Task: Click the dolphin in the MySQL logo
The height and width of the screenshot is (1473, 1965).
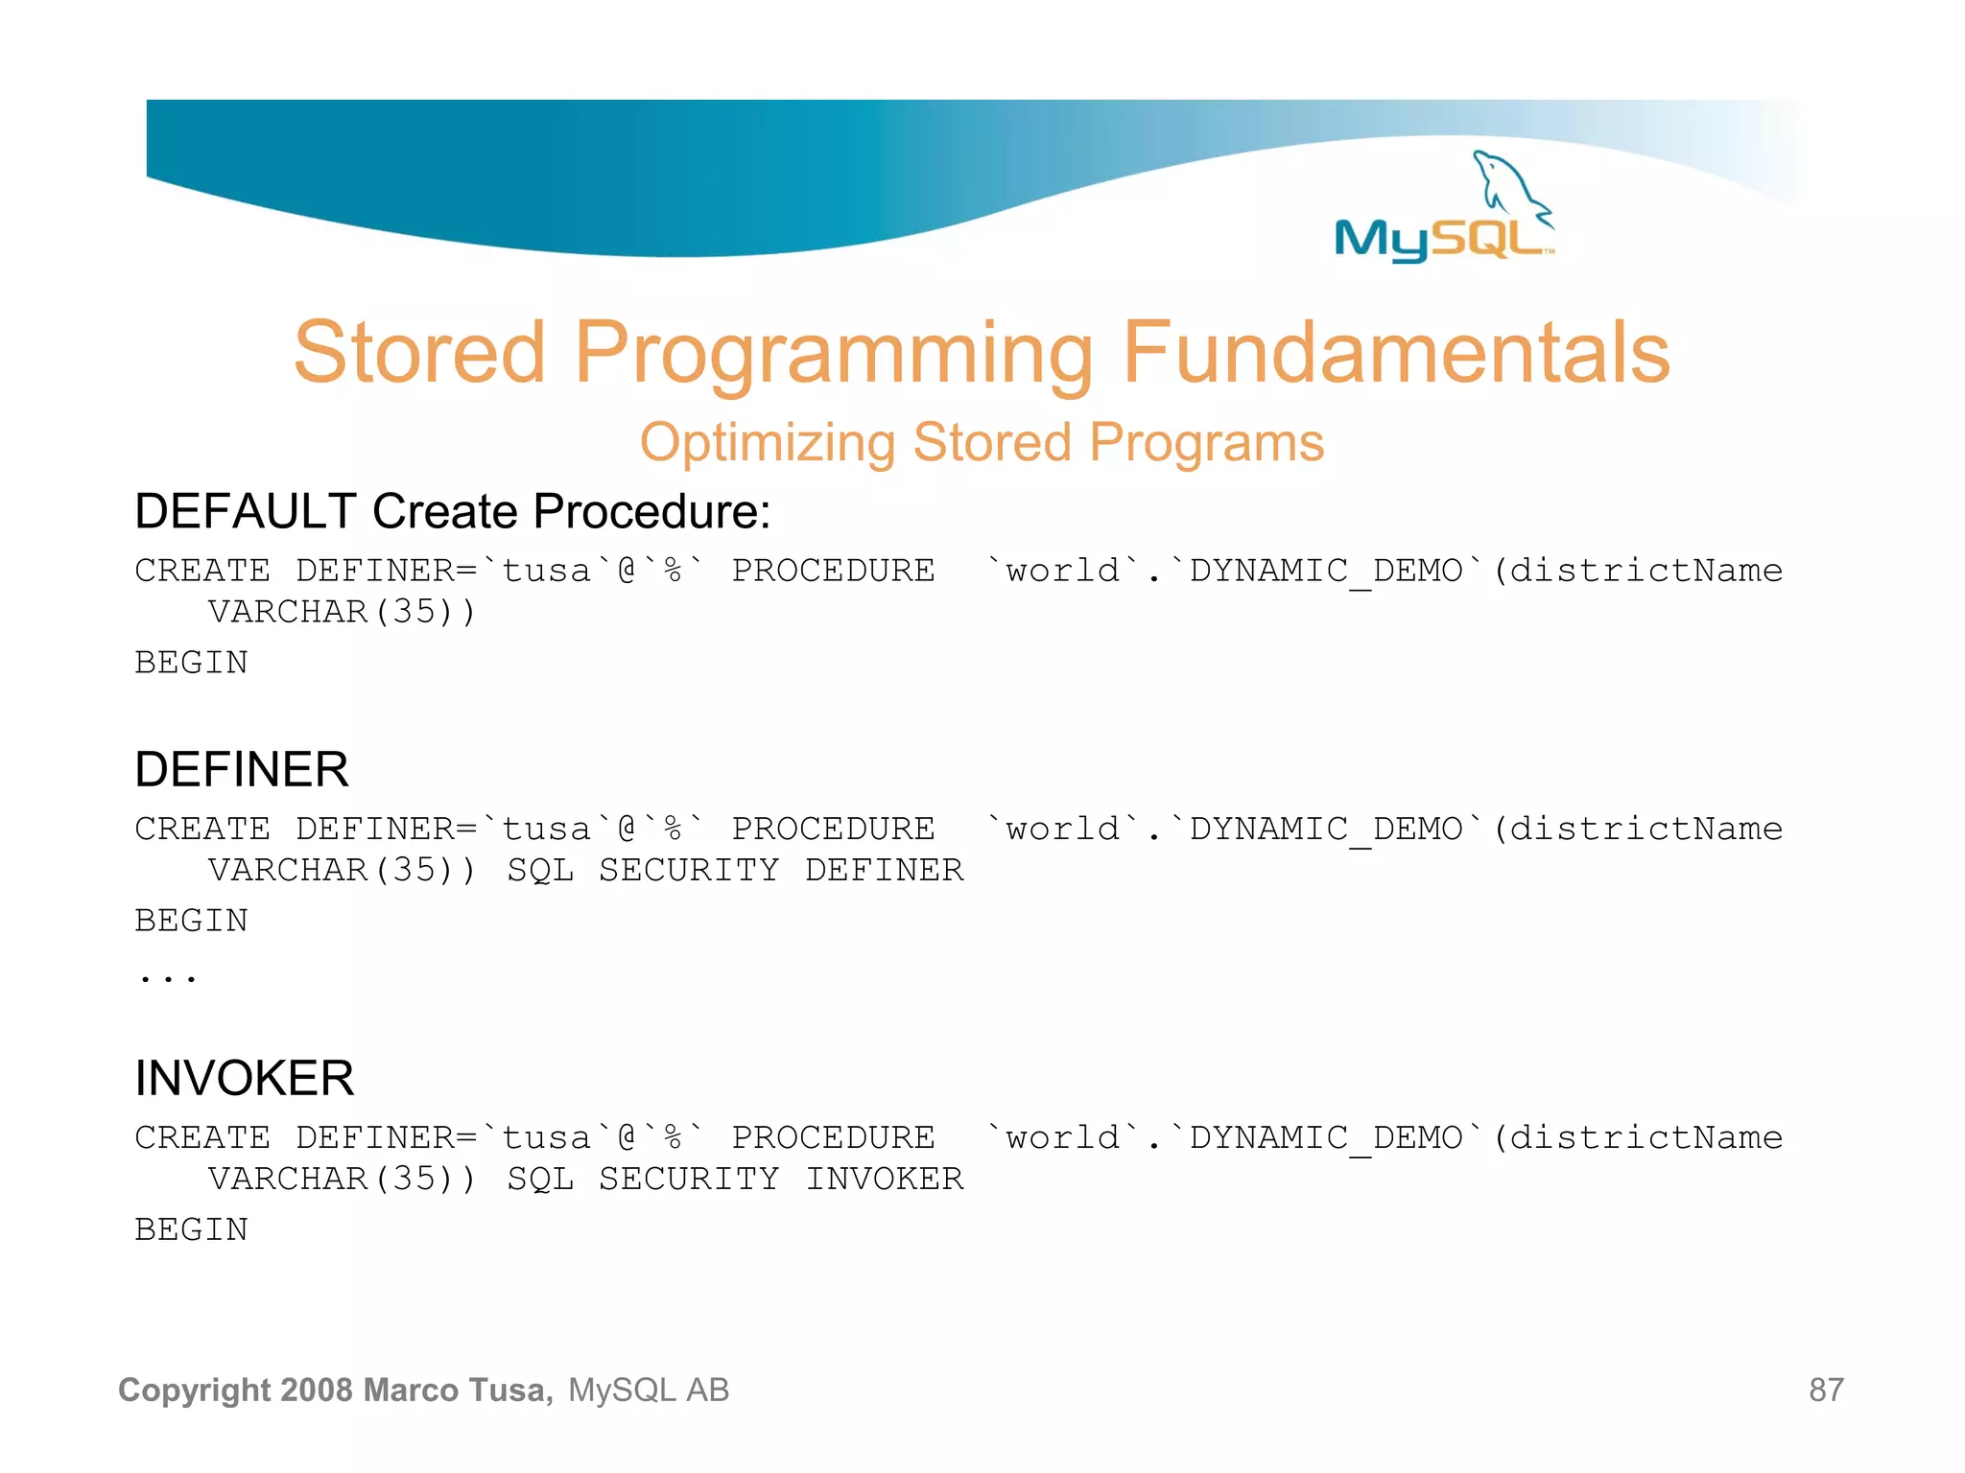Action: click(1509, 182)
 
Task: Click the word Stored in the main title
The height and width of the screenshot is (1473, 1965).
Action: click(419, 353)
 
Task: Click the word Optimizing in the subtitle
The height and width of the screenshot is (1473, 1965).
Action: click(767, 443)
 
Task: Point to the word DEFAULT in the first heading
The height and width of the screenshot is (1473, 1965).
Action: click(246, 511)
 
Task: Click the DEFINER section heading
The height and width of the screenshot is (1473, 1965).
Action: click(242, 769)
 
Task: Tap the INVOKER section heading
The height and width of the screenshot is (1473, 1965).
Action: click(245, 1078)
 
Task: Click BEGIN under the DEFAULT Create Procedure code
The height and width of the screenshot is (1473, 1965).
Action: click(192, 663)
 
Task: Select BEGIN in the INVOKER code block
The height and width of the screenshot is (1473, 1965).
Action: click(192, 1229)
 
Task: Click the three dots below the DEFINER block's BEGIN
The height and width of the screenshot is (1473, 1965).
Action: click(168, 977)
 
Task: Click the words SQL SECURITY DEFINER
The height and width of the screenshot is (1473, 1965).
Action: click(734, 870)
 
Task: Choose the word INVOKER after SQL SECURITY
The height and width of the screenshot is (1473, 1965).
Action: click(884, 1179)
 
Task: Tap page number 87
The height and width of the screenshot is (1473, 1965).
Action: click(1826, 1390)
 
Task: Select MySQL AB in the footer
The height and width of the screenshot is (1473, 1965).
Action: click(649, 1390)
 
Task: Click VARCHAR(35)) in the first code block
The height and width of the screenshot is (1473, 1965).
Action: click(342, 612)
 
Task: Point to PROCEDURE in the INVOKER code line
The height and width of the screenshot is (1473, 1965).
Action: click(833, 1137)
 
